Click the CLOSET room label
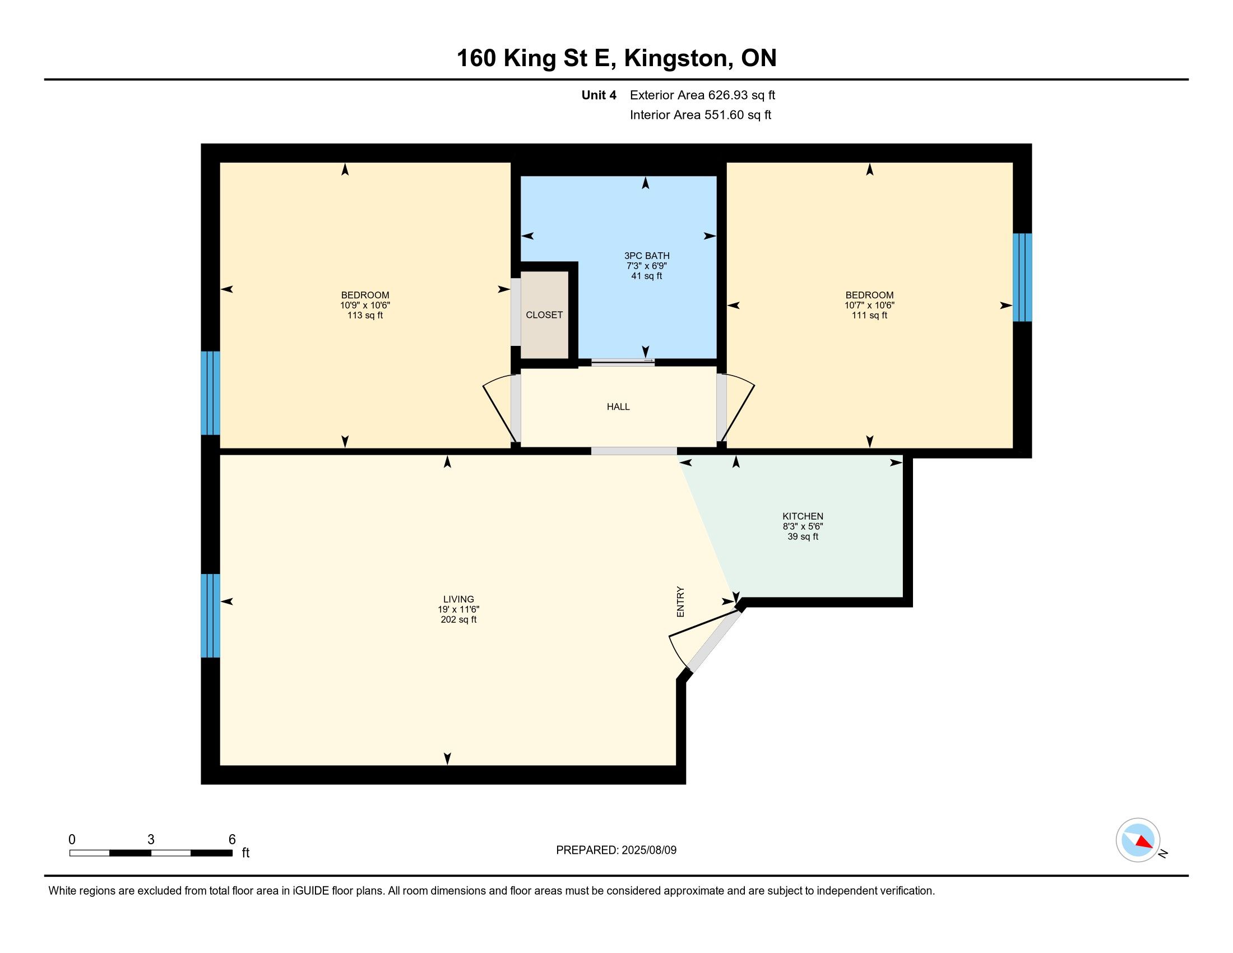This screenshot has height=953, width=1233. pos(544,315)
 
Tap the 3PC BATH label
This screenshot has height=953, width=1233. pos(646,256)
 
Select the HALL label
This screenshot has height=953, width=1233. pos(618,406)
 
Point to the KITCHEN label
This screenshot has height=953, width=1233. pos(803,516)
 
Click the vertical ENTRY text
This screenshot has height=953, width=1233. pos(680,602)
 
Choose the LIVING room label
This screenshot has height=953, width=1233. pos(458,599)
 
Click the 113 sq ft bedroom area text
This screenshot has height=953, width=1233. pos(365,315)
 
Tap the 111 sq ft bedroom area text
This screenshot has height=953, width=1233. pos(869,315)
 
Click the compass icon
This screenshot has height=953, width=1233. pos(1138,840)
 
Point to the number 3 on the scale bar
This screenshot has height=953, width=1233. pos(151,840)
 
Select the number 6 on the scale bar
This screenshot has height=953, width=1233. pos(232,840)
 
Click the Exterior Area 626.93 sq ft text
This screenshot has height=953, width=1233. pos(702,95)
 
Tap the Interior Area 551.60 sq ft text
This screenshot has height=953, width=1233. pos(701,114)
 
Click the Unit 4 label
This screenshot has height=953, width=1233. pos(599,95)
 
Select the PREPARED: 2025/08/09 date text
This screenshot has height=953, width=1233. pos(616,850)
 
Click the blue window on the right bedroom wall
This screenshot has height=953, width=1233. pos(1022,277)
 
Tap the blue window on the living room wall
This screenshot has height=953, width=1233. pos(211,616)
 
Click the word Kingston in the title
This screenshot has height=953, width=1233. pos(676,59)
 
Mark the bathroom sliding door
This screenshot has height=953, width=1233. pos(623,362)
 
